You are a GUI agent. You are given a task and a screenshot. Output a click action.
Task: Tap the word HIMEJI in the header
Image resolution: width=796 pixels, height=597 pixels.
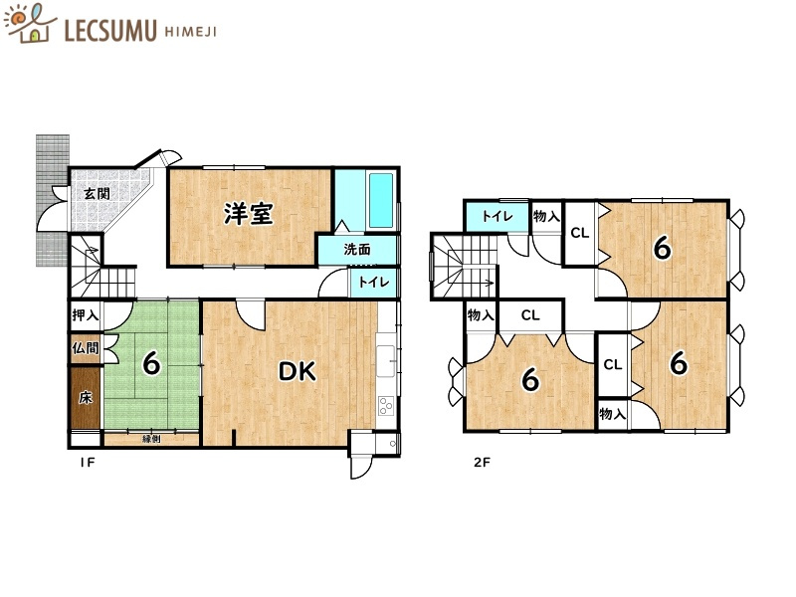click(x=188, y=31)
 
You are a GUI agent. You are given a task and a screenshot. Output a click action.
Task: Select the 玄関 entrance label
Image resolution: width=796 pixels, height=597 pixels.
click(x=96, y=193)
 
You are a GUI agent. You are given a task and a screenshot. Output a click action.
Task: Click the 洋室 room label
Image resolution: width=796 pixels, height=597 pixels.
click(x=248, y=213)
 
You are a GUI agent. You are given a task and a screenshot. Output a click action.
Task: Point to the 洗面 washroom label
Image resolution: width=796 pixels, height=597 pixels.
click(x=357, y=250)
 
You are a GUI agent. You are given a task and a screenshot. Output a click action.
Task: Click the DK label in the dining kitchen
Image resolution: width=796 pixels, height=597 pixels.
click(x=297, y=372)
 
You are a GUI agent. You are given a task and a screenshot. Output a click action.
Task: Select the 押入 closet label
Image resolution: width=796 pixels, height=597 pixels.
click(x=85, y=315)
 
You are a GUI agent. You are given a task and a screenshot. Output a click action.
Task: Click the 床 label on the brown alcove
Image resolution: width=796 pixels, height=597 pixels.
click(x=86, y=398)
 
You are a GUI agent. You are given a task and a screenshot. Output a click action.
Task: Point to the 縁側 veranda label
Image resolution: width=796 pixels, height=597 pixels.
click(x=151, y=438)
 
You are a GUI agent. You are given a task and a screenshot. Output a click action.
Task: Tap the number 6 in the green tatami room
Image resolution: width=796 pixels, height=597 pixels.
click(x=151, y=364)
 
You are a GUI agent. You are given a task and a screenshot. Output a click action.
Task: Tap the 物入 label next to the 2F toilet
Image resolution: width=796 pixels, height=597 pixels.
click(x=545, y=216)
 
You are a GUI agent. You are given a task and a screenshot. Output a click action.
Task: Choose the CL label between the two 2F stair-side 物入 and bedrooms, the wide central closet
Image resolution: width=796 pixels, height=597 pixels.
click(x=530, y=315)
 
